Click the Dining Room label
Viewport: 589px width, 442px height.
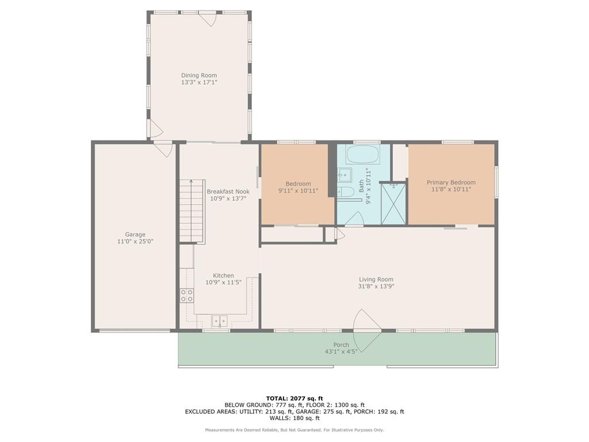tap(199, 75)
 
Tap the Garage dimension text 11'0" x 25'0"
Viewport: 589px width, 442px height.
tap(135, 242)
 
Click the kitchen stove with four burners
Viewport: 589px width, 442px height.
tap(187, 296)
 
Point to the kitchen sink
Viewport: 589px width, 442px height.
tap(220, 321)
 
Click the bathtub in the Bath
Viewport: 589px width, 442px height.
tap(362, 155)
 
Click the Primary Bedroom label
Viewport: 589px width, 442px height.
tap(451, 182)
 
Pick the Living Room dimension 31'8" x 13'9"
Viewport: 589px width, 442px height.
tap(377, 287)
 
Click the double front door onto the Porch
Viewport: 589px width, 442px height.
tap(367, 330)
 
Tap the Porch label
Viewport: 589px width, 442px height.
tap(341, 345)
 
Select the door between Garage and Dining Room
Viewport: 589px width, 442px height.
tap(164, 148)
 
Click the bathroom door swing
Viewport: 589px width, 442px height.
tap(355, 219)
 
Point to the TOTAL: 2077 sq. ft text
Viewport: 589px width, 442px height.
tap(294, 398)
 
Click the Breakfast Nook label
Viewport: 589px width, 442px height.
tap(228, 192)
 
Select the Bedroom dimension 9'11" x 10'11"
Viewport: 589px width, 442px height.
tap(298, 191)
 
